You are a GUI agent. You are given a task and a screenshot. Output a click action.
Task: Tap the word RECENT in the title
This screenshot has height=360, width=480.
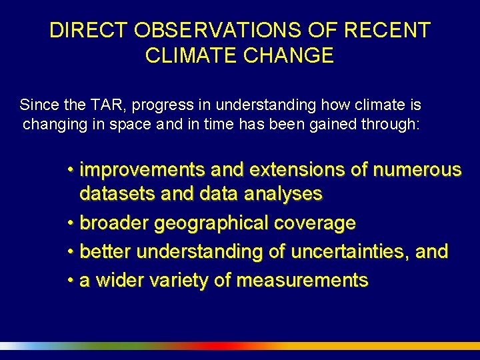(395, 31)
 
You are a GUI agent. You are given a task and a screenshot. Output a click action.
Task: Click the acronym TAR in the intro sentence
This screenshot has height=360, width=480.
(108, 105)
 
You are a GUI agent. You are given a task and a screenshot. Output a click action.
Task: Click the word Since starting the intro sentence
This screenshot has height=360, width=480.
(38, 105)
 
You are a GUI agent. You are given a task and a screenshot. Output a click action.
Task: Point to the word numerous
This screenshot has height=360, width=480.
(417, 171)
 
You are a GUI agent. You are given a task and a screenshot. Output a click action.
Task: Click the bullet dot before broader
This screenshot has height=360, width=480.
(71, 223)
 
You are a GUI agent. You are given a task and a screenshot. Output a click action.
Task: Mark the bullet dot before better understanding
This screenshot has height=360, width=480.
(71, 252)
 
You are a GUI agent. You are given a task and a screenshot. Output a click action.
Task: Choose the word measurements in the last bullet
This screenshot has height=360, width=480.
(302, 281)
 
